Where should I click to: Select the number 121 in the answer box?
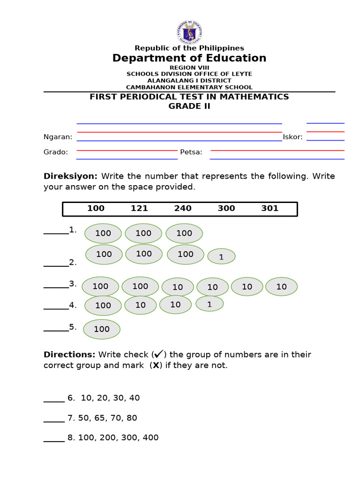(x=139, y=209)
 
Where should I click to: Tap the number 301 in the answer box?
(x=270, y=209)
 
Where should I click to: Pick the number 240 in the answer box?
(x=183, y=209)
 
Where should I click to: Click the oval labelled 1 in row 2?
(x=221, y=256)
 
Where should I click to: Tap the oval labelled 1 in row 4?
(x=210, y=304)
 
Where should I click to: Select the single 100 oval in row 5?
(x=102, y=329)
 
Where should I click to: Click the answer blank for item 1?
(x=56, y=232)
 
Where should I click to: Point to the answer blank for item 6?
(x=54, y=401)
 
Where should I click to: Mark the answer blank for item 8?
(x=54, y=441)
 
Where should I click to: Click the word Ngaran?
(x=58, y=137)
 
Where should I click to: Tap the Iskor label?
(x=292, y=137)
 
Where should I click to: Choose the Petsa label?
(x=191, y=152)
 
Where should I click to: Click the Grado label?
(x=56, y=152)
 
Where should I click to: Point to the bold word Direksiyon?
(x=70, y=176)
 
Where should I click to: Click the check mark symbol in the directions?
(x=158, y=354)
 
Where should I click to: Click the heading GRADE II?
(x=189, y=106)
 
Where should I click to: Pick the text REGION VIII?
(x=189, y=68)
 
